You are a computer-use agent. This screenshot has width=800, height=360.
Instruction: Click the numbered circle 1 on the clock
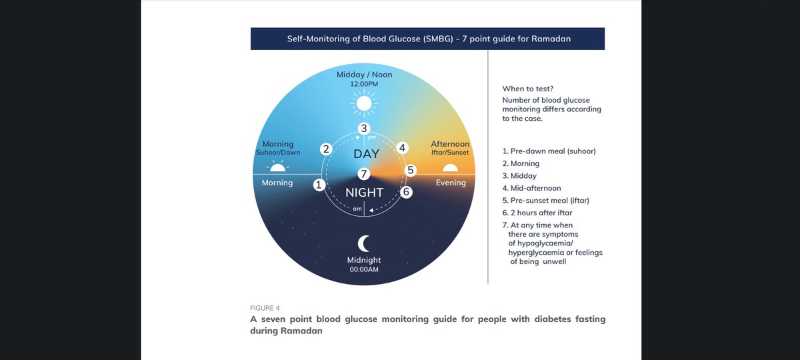pyautogui.click(x=319, y=185)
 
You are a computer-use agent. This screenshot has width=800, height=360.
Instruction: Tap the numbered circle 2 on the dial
pyautogui.click(x=326, y=149)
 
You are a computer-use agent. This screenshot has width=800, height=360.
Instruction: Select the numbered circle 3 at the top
pyautogui.click(x=363, y=129)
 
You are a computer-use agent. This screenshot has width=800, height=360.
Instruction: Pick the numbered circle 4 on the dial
pyautogui.click(x=402, y=148)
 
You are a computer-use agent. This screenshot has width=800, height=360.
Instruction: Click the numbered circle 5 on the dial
pyautogui.click(x=411, y=170)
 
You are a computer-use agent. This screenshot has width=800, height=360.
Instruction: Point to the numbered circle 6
pyautogui.click(x=407, y=192)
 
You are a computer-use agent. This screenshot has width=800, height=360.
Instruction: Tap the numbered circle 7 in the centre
pyautogui.click(x=363, y=174)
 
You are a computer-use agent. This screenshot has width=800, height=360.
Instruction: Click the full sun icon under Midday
pyautogui.click(x=363, y=103)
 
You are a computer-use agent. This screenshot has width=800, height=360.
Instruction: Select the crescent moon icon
pyautogui.click(x=364, y=243)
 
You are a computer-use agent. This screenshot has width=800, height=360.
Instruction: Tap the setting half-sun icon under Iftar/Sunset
pyautogui.click(x=451, y=167)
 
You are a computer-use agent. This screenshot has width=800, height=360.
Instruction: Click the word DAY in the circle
pyautogui.click(x=366, y=154)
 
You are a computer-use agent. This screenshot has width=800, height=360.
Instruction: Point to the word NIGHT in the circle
pyautogui.click(x=365, y=193)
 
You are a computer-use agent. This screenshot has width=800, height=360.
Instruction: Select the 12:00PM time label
pyautogui.click(x=364, y=85)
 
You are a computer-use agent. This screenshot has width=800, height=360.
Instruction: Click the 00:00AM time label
pyautogui.click(x=364, y=269)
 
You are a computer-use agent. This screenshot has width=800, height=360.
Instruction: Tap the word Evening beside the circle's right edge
pyautogui.click(x=451, y=183)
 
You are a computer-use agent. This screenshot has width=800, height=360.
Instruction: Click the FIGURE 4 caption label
pyautogui.click(x=265, y=308)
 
